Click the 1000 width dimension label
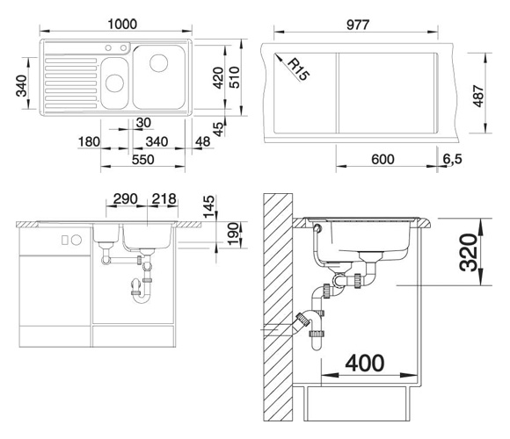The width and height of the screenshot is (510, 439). click(x=122, y=24)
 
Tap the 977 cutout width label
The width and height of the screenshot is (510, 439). click(x=358, y=25)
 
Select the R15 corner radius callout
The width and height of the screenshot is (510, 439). click(x=298, y=68)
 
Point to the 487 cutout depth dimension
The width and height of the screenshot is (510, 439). click(x=478, y=96)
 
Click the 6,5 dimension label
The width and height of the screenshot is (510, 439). click(x=452, y=159)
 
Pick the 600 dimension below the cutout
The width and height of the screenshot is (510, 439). click(x=382, y=160)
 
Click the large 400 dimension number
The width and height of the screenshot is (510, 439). click(x=365, y=363)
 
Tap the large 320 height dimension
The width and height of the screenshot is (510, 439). click(x=469, y=252)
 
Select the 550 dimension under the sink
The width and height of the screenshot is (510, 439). click(x=142, y=160)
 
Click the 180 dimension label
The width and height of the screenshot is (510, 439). click(x=89, y=142)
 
